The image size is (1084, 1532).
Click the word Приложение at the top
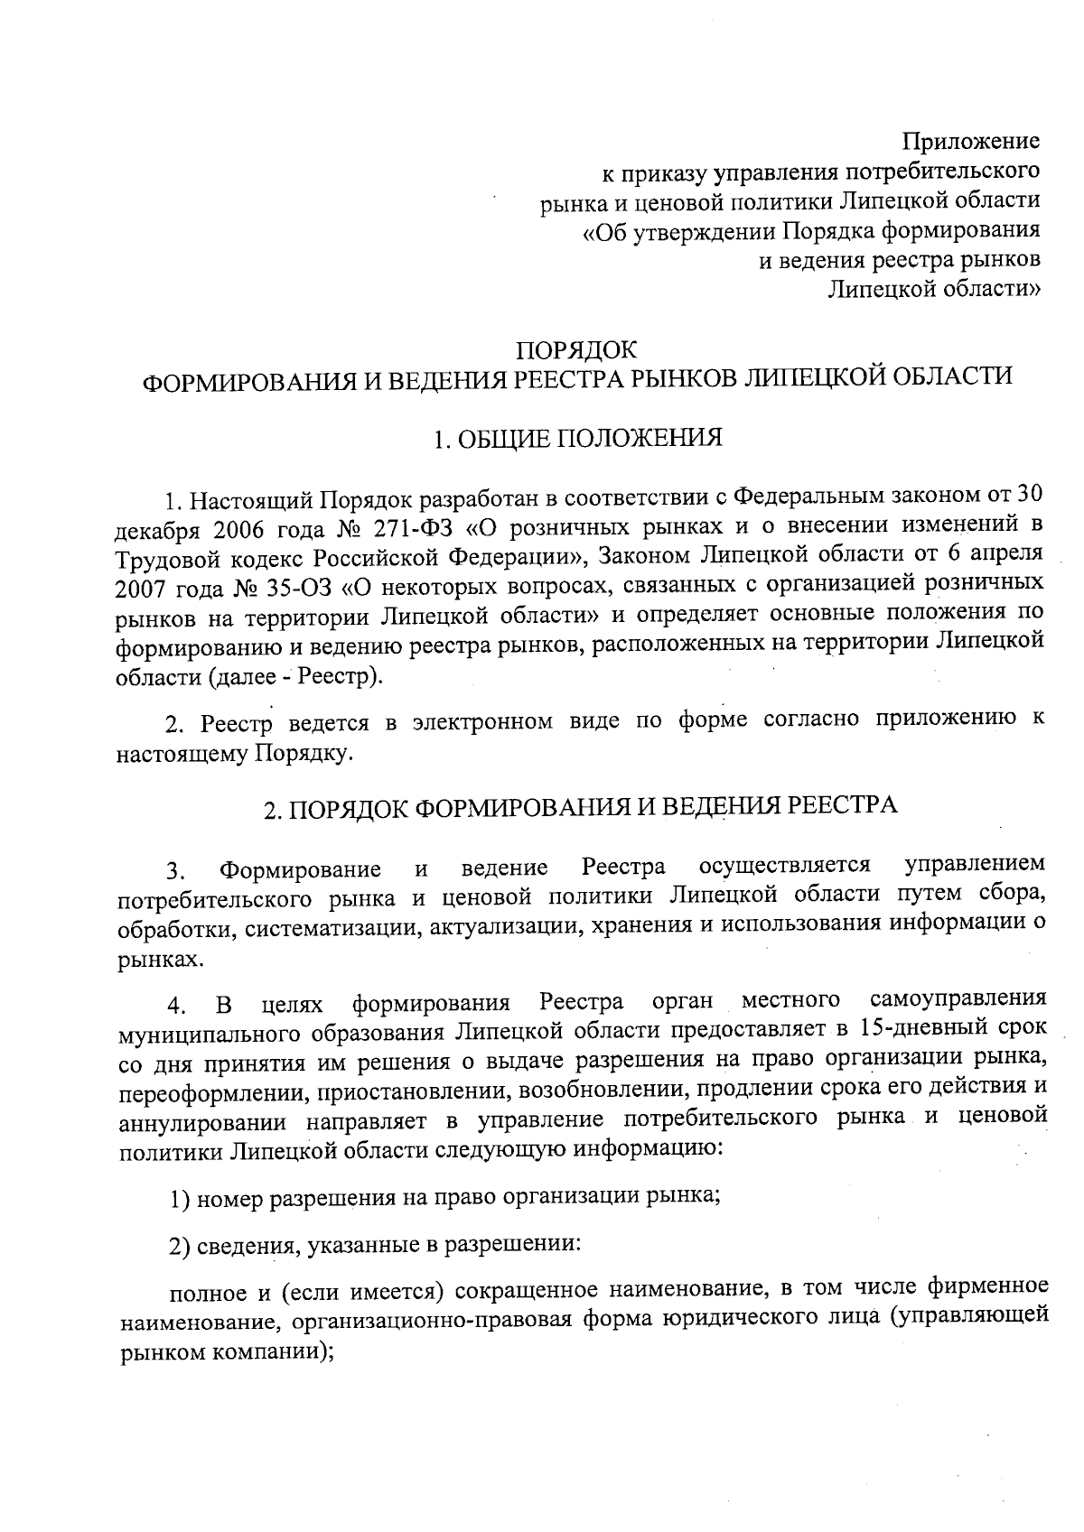(972, 142)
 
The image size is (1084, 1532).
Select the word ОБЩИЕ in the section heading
(501, 440)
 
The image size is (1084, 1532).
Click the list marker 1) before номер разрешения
(179, 1200)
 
